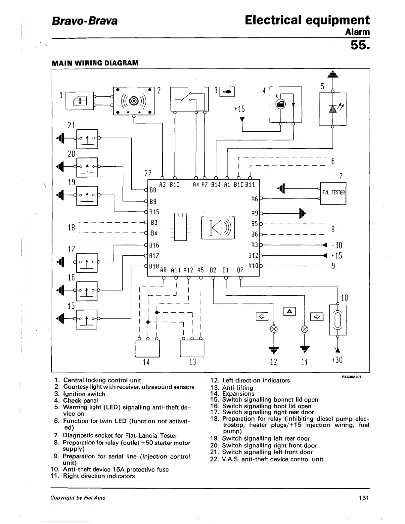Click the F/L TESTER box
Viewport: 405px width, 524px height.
tap(333, 193)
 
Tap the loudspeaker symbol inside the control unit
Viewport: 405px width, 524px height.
tap(218, 228)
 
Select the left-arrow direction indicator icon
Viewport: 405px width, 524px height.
tap(262, 317)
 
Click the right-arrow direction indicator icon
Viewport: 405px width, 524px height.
tap(317, 317)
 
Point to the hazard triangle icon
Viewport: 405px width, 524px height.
tap(290, 311)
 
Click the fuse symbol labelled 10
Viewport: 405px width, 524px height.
tap(337, 320)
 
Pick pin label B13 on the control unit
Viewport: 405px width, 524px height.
tap(174, 185)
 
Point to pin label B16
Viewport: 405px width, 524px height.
tap(154, 245)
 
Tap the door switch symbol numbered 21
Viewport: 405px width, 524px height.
tap(87, 139)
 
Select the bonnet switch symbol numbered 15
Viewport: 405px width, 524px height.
tap(86, 319)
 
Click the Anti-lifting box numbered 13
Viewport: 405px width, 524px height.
tap(192, 348)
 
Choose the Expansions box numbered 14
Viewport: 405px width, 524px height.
tap(148, 348)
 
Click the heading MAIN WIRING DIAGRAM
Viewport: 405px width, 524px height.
tap(95, 63)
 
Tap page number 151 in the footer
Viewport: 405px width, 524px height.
tap(363, 498)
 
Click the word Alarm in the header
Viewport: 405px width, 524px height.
tap(357, 32)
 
